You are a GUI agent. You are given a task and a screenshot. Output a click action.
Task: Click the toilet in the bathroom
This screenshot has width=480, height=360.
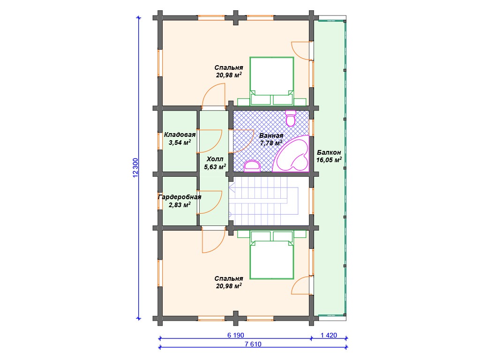point(291,118)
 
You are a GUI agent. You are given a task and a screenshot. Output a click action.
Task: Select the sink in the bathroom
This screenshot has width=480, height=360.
point(252,166)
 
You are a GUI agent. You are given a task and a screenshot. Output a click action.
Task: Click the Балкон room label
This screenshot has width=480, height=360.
point(329,152)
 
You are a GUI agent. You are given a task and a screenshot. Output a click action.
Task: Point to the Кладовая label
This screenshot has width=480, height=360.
point(180,135)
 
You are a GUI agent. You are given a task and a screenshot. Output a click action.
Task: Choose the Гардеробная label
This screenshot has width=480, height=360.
point(180,197)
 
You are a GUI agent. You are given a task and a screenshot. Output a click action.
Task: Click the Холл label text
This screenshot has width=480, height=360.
point(215,159)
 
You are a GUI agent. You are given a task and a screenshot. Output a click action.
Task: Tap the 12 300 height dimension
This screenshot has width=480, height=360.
point(135,167)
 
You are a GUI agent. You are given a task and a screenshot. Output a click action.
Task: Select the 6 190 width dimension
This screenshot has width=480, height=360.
point(236,335)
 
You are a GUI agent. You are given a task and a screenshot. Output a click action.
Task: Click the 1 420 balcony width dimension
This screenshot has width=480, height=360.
point(329,335)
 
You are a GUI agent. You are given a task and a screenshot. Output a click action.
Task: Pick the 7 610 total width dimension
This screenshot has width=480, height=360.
point(253,344)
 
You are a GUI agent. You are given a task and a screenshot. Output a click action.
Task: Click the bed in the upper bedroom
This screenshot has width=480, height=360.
point(271,81)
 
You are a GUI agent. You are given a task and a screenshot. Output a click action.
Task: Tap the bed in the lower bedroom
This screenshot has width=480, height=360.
point(271,255)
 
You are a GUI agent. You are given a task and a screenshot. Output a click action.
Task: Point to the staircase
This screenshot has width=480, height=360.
point(263,201)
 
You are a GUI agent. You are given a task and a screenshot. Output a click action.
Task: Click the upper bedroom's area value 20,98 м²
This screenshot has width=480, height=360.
point(229,75)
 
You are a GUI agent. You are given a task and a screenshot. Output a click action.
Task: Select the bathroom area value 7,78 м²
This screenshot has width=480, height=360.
point(271,143)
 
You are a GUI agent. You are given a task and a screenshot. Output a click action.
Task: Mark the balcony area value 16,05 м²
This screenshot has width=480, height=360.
point(329,160)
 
